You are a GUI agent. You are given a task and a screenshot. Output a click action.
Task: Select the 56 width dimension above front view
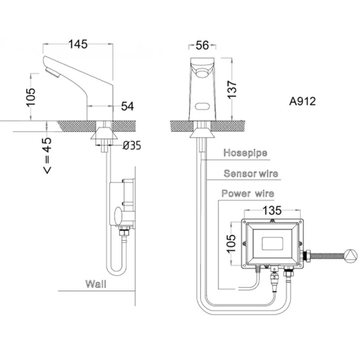point(200,44)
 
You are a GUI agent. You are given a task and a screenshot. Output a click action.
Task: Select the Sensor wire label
point(250,174)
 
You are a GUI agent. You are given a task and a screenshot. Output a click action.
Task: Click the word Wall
point(94,285)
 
